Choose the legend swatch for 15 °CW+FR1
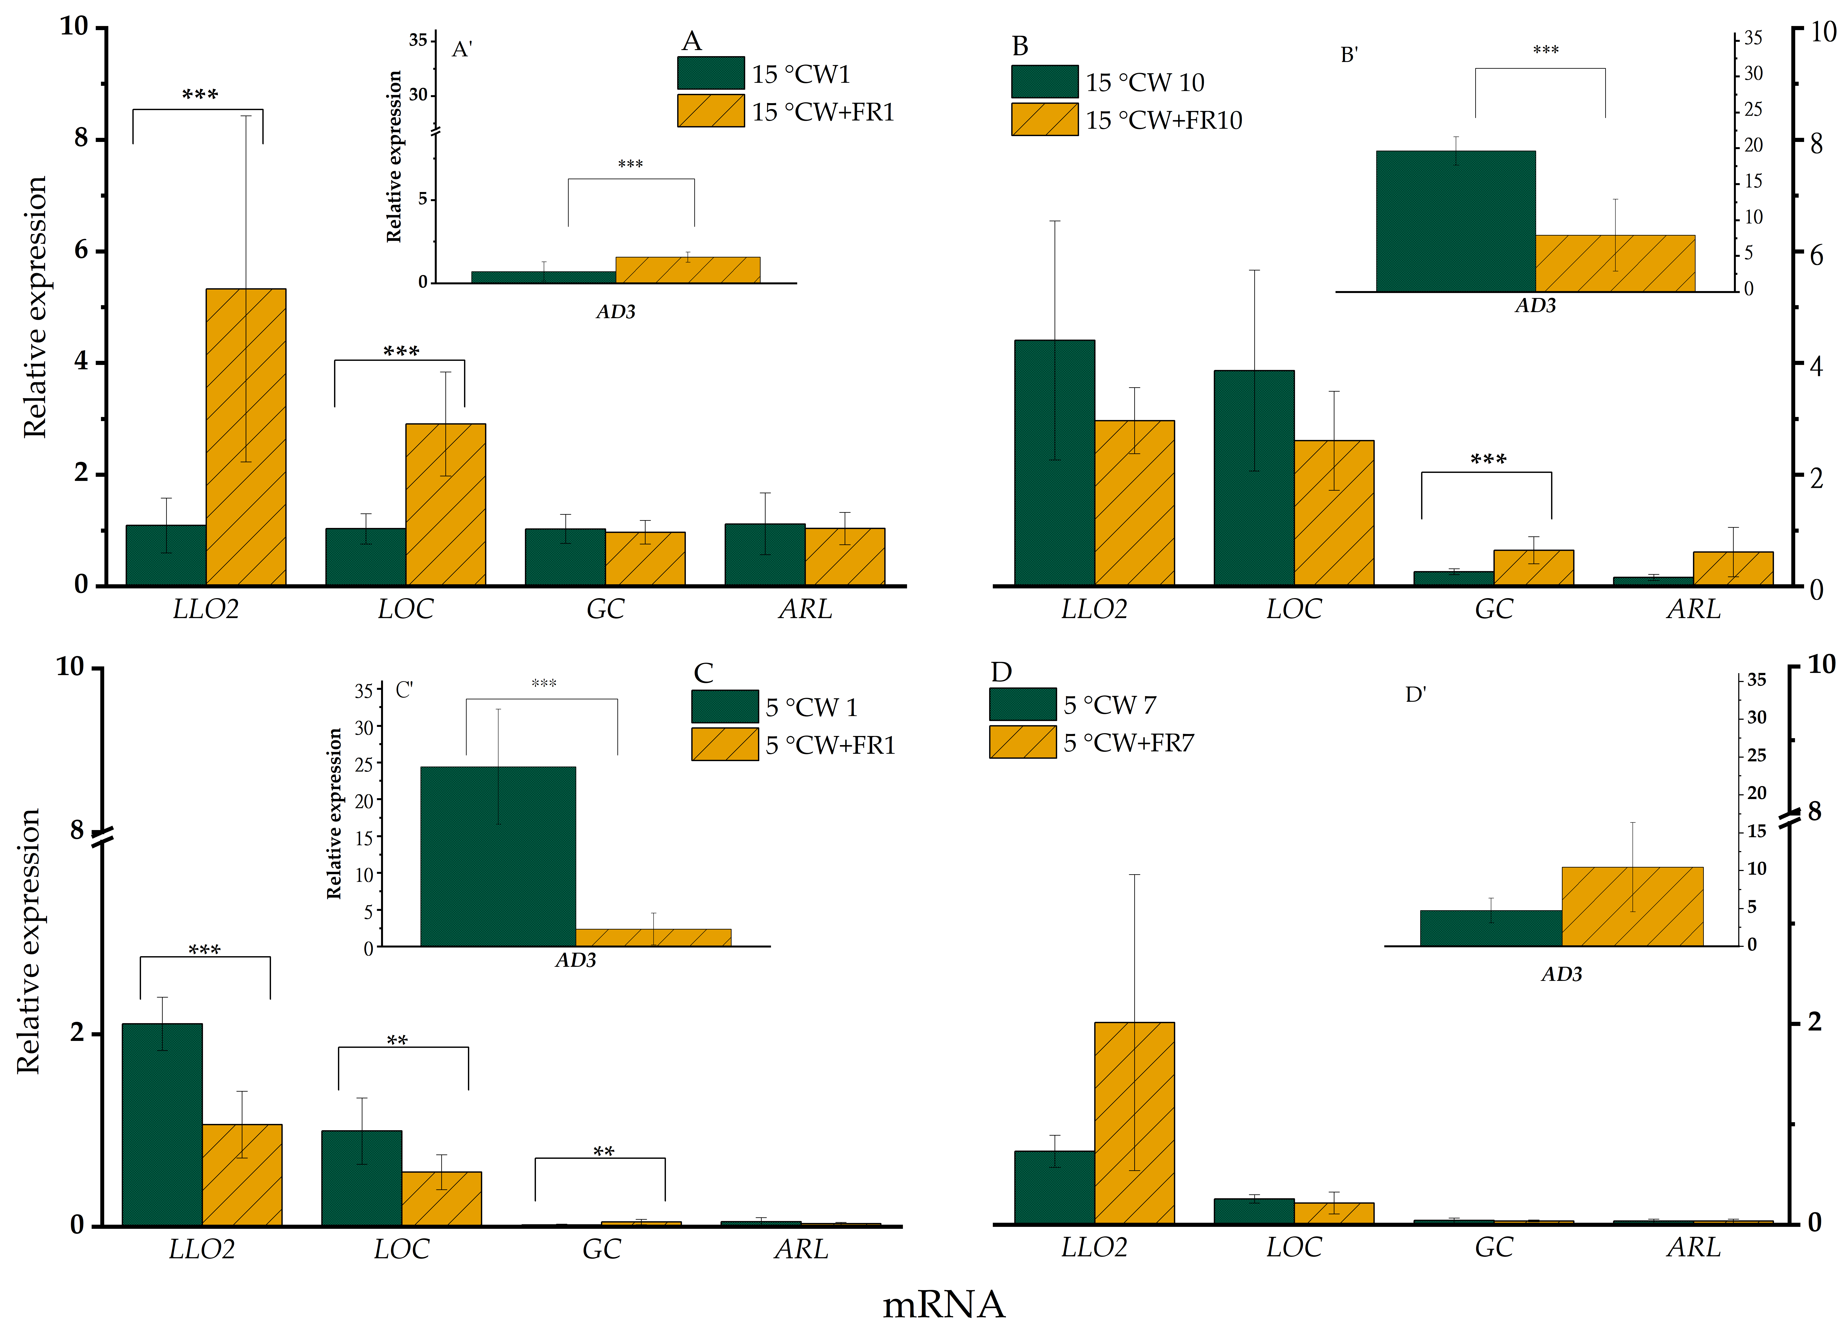pyautogui.click(x=711, y=111)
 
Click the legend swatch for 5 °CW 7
pyautogui.click(x=1022, y=705)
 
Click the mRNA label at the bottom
pyautogui.click(x=944, y=1304)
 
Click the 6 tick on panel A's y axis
pyautogui.click(x=81, y=250)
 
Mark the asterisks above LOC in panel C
pyautogui.click(x=397, y=1040)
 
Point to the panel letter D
pyautogui.click(x=1001, y=672)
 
